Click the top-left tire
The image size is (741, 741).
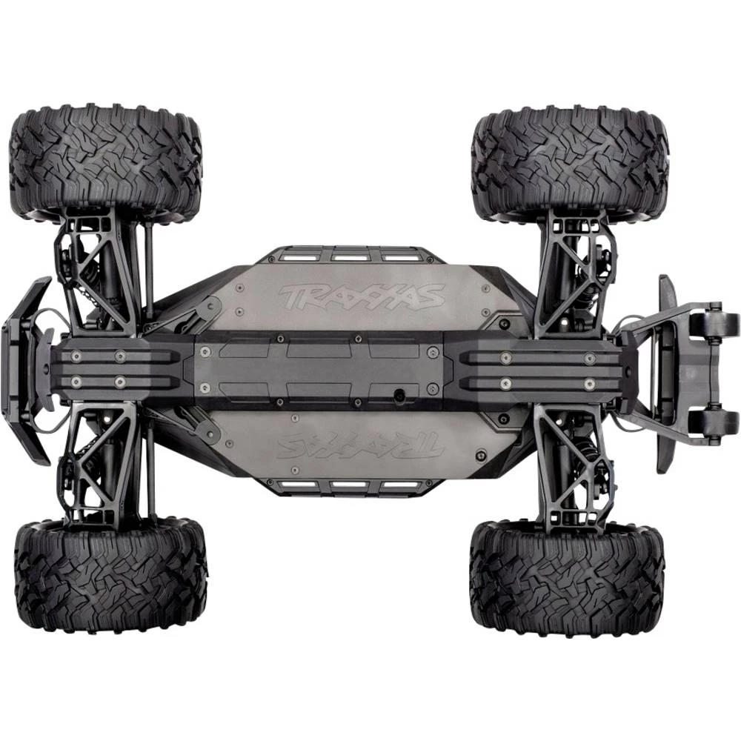pyautogui.click(x=105, y=162)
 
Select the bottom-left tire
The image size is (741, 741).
pyautogui.click(x=110, y=576)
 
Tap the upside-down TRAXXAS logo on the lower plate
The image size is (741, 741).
pyautogui.click(x=361, y=446)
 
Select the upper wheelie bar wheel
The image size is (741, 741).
pyautogui.click(x=714, y=322)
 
